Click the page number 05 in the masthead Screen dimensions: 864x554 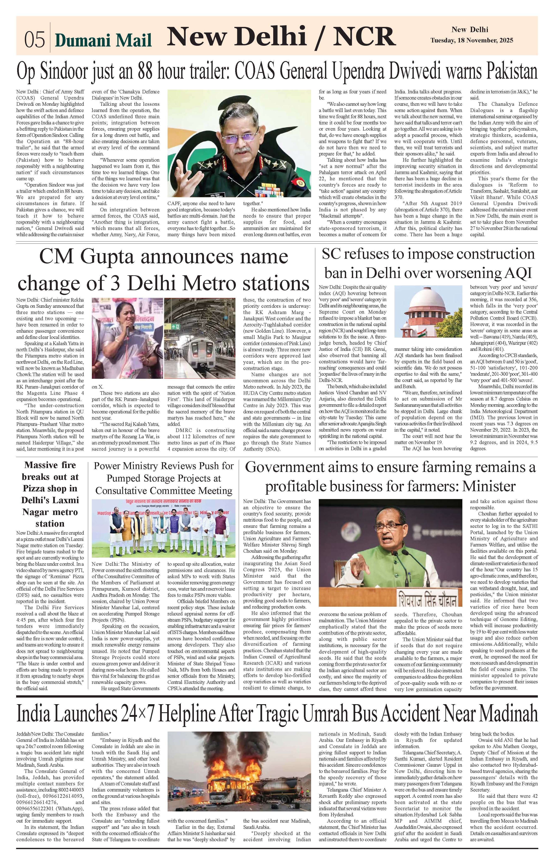[35, 39]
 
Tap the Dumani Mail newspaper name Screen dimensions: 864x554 [103, 40]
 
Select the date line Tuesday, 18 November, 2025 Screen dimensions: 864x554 [472, 41]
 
